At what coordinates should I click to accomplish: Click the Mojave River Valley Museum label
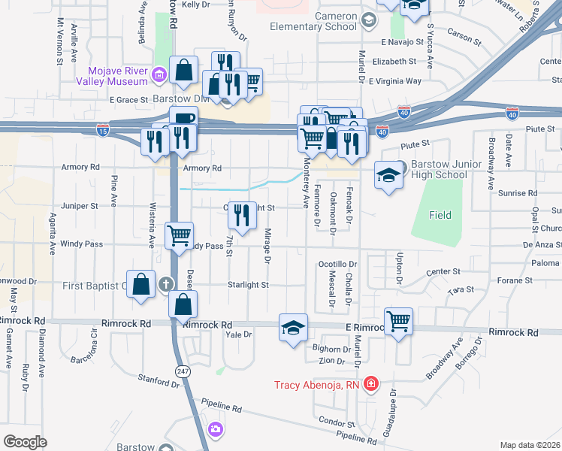[112, 75]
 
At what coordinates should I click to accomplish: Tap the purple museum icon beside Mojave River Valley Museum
[159, 74]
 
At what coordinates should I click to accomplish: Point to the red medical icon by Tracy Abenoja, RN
[370, 384]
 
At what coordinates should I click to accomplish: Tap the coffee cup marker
[183, 119]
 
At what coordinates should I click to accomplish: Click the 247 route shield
[182, 371]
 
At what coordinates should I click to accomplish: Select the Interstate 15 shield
[102, 131]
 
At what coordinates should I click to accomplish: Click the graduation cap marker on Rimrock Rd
[294, 327]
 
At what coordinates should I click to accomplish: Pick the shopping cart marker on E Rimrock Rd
[398, 321]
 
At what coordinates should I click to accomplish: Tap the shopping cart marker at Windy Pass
[179, 235]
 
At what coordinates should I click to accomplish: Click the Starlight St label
[249, 285]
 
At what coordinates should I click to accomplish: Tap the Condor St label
[331, 422]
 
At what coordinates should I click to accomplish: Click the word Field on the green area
[440, 215]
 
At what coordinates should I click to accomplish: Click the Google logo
[25, 442]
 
